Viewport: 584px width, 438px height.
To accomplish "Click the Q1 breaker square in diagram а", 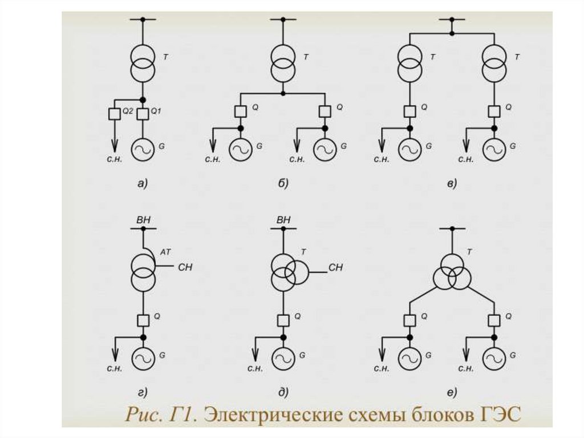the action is click(143, 113).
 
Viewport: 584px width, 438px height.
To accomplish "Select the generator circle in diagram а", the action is click(143, 148).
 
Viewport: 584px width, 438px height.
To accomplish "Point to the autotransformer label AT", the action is click(166, 251).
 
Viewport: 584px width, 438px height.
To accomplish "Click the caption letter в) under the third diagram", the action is click(452, 183).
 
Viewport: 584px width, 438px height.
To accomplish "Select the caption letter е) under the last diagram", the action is click(452, 392).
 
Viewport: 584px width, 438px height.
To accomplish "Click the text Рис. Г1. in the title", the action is click(160, 413).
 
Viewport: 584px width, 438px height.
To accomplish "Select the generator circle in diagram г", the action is click(143, 358).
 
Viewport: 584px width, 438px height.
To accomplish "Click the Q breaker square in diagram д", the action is click(283, 319).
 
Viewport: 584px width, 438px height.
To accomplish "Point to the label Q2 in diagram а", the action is click(128, 112).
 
